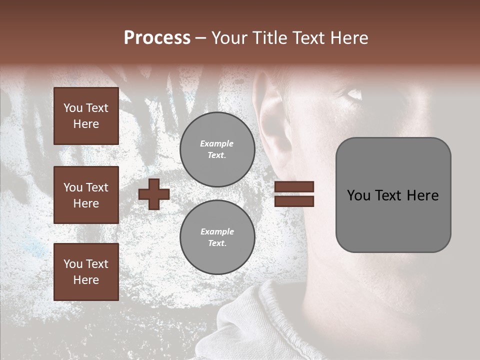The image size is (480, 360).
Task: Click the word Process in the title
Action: (x=157, y=38)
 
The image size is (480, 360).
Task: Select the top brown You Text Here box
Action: (x=86, y=116)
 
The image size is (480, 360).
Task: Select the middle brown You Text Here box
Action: (x=86, y=195)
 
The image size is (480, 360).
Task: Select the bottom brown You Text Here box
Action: (x=86, y=271)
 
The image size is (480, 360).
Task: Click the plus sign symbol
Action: (x=154, y=194)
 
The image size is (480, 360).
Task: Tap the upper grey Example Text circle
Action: (x=217, y=149)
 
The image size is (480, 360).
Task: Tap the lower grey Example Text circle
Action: (x=217, y=237)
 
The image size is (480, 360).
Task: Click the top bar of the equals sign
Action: (x=294, y=187)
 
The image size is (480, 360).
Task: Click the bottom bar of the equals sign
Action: (x=294, y=201)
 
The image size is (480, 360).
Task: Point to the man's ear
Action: (x=273, y=120)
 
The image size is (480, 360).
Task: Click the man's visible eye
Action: (x=354, y=93)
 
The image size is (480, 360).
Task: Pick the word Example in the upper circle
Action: (x=217, y=143)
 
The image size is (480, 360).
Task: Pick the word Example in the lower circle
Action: (x=217, y=231)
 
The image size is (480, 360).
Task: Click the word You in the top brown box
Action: (x=72, y=108)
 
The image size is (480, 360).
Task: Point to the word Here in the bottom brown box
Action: (x=86, y=280)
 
